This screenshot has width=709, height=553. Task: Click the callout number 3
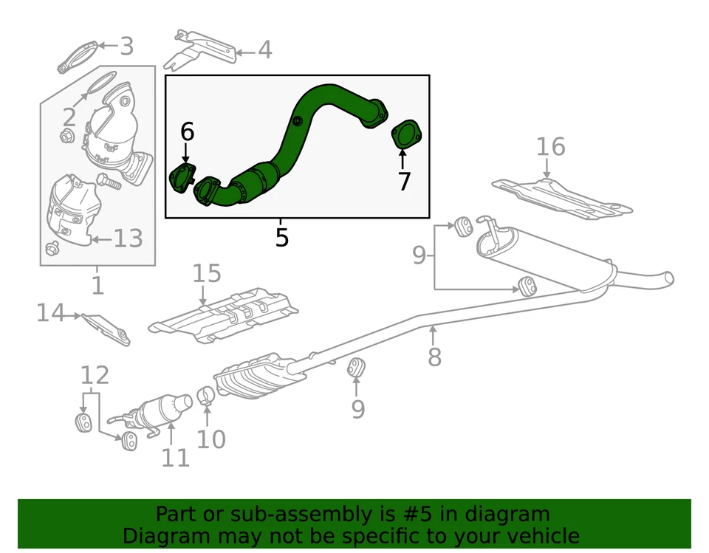(x=126, y=46)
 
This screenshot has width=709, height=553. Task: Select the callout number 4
(x=264, y=50)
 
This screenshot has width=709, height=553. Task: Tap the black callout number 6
(x=188, y=132)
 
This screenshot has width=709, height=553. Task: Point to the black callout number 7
(x=403, y=181)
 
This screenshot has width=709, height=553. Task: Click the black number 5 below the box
(x=281, y=238)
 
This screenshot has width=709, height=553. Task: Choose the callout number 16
(x=551, y=147)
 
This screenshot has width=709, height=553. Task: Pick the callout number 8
(x=434, y=357)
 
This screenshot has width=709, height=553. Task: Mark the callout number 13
(x=127, y=238)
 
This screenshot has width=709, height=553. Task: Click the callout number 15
(x=207, y=274)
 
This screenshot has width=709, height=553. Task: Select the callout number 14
(x=51, y=313)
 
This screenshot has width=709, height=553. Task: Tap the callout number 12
(x=95, y=375)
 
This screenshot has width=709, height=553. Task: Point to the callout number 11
(x=176, y=458)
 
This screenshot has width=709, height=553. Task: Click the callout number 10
(x=210, y=440)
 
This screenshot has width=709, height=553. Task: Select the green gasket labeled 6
(x=182, y=179)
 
